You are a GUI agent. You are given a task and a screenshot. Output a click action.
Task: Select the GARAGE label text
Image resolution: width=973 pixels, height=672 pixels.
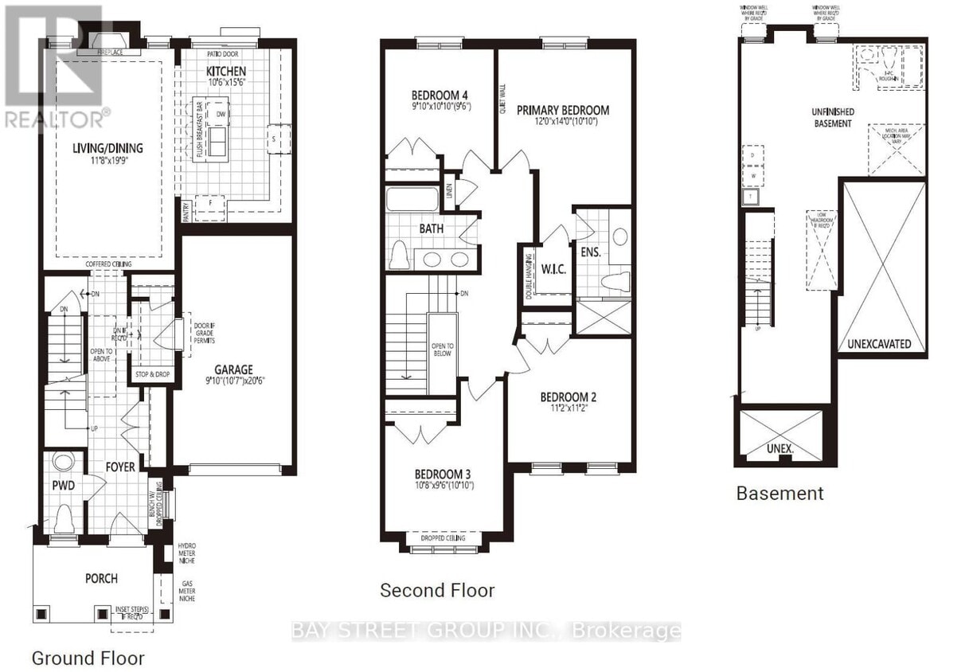tap(233, 369)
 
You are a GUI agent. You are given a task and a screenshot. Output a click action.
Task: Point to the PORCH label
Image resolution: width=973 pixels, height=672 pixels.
tap(102, 577)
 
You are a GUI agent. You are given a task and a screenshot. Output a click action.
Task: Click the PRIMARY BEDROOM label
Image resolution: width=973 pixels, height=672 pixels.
tap(562, 110)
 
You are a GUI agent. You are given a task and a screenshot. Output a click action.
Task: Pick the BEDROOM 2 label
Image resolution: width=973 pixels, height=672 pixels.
tap(568, 397)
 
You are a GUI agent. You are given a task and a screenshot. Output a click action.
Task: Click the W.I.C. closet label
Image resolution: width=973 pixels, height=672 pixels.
tap(553, 269)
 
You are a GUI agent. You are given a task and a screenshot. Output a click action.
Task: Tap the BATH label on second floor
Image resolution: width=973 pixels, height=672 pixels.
tap(432, 229)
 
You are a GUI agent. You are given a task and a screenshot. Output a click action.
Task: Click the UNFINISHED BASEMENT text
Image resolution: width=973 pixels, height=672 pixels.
tap(833, 118)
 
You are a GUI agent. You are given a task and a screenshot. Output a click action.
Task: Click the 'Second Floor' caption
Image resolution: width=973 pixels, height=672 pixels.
tap(437, 590)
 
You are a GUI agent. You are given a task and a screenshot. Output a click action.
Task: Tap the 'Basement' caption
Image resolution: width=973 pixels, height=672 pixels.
tap(780, 493)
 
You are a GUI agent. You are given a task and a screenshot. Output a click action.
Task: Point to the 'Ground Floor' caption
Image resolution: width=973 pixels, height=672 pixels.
tap(88, 658)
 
